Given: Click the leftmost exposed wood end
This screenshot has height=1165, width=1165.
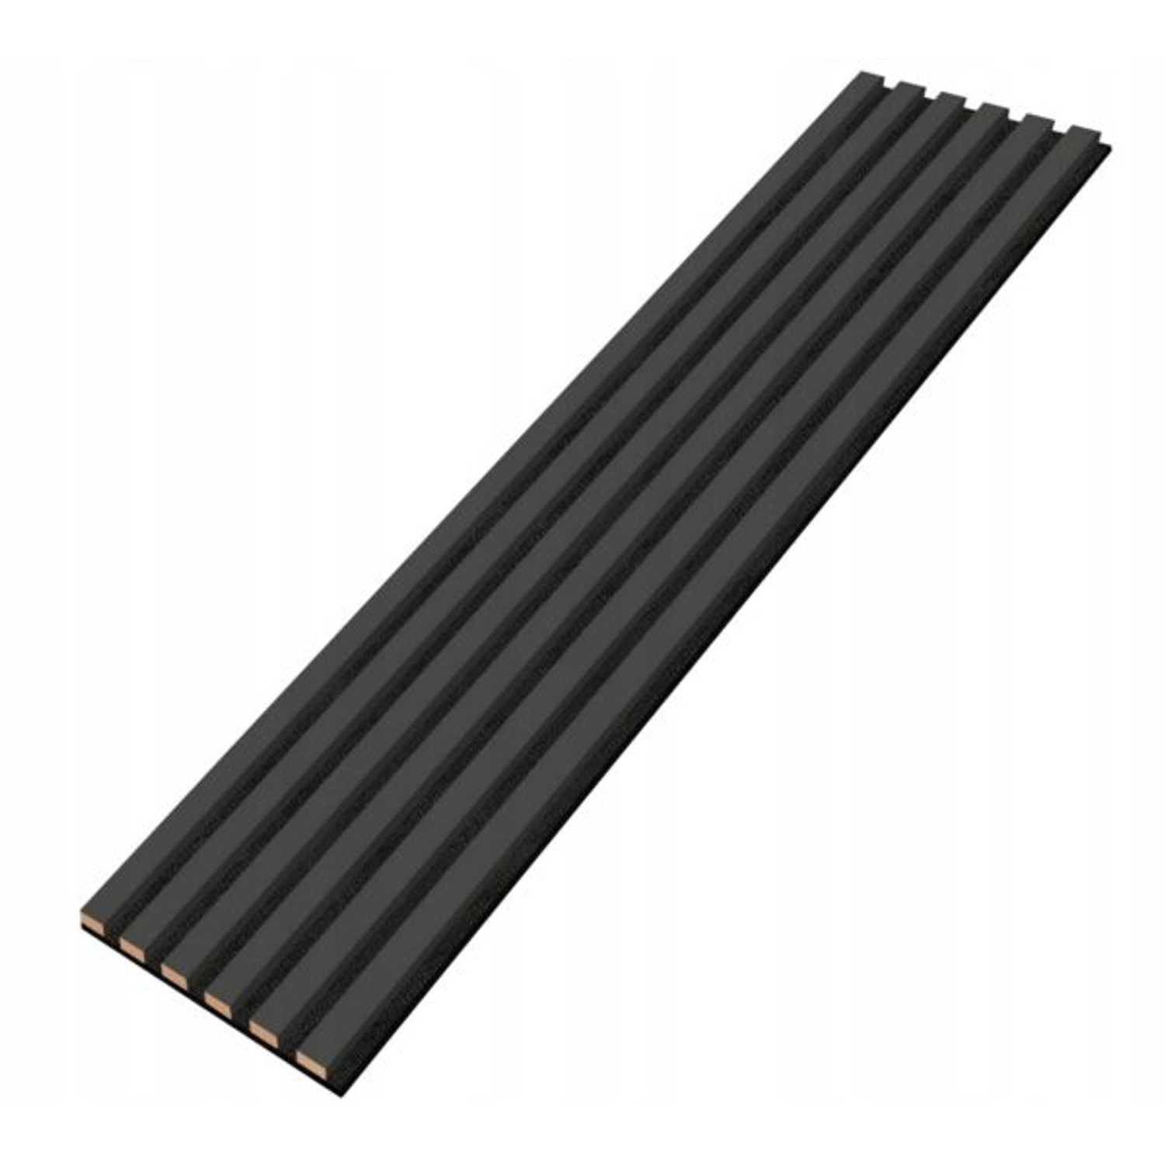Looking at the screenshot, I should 92,921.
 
